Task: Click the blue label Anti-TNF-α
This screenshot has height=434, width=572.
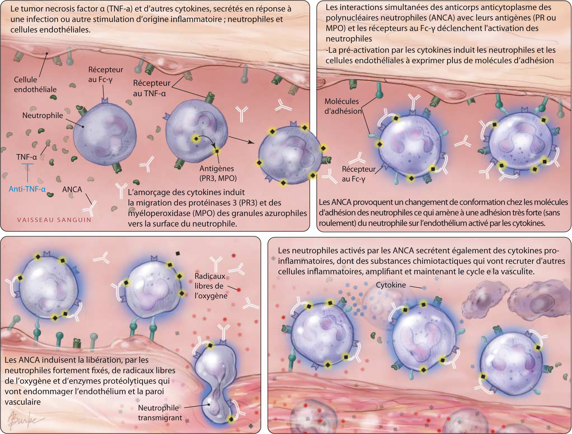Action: pyautogui.click(x=27, y=189)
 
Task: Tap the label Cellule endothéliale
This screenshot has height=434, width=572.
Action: pyautogui.click(x=35, y=85)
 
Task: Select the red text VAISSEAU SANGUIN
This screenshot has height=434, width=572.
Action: pyautogui.click(x=54, y=220)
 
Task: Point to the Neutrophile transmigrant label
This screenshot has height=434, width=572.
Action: pyautogui.click(x=160, y=413)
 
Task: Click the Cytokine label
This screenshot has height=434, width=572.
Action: pyautogui.click(x=391, y=285)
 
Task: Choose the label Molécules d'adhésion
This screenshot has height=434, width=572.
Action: pyautogui.click(x=343, y=106)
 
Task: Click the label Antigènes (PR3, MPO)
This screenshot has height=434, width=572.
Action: pyautogui.click(x=218, y=173)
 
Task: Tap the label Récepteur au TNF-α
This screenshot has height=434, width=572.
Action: pyautogui.click(x=151, y=88)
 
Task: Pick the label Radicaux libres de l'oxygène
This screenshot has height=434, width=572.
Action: pyautogui.click(x=211, y=286)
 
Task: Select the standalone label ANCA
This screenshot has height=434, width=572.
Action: pyautogui.click(x=72, y=189)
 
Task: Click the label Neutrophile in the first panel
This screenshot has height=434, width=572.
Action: pyautogui.click(x=42, y=115)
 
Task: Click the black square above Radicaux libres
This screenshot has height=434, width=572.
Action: pyautogui.click(x=178, y=254)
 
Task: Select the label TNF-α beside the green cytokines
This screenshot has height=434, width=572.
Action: pyautogui.click(x=27, y=157)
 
